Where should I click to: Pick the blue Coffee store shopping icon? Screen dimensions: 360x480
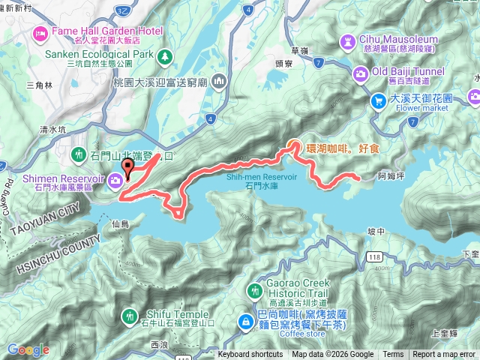click(245, 322)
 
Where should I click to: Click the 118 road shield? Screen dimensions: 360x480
click(374, 257)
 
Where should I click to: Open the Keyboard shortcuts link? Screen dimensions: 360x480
click(250, 355)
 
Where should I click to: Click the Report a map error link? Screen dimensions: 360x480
click(444, 355)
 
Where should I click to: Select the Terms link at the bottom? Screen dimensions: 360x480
click(393, 355)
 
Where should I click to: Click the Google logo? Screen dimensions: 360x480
click(28, 349)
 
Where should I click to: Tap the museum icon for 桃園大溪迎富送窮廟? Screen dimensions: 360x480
click(219, 80)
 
